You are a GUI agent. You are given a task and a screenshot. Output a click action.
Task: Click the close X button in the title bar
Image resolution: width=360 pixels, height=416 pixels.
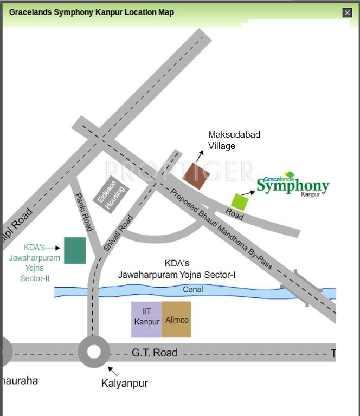348,12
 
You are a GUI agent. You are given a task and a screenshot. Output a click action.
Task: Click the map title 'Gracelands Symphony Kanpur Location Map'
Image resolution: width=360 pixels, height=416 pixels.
92,12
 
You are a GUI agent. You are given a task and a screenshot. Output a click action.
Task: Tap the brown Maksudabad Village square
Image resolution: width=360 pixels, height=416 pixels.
196,175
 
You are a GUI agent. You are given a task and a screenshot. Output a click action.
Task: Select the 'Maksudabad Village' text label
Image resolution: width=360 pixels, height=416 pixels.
234,140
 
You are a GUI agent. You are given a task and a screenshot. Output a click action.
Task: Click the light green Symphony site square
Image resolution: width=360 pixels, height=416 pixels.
239,201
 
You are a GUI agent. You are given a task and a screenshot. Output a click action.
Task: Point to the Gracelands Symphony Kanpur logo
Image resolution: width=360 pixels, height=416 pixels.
292,185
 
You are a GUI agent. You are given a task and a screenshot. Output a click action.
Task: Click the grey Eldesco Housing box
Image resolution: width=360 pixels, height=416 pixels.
112,194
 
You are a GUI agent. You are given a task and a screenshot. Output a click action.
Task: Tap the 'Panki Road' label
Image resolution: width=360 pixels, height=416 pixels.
84,212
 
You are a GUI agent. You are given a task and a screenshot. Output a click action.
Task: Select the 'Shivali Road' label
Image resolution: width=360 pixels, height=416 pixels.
118,233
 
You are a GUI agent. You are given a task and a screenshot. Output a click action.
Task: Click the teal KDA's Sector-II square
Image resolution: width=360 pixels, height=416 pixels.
75,250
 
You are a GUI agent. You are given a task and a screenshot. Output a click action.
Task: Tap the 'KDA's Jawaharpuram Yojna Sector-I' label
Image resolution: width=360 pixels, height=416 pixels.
177,269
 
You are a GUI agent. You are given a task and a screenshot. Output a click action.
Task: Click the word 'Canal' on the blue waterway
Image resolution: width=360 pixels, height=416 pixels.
193,290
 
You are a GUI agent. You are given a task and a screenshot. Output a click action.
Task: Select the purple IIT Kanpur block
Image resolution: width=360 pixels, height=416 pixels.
146,320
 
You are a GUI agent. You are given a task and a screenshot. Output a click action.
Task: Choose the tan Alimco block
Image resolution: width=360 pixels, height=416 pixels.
177,320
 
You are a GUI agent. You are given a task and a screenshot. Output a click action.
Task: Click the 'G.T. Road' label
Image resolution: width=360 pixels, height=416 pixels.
155,353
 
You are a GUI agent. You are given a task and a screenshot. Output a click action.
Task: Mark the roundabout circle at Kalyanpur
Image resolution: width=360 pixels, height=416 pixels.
94,352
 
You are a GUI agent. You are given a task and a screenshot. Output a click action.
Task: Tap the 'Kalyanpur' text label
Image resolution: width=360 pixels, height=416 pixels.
124,383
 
